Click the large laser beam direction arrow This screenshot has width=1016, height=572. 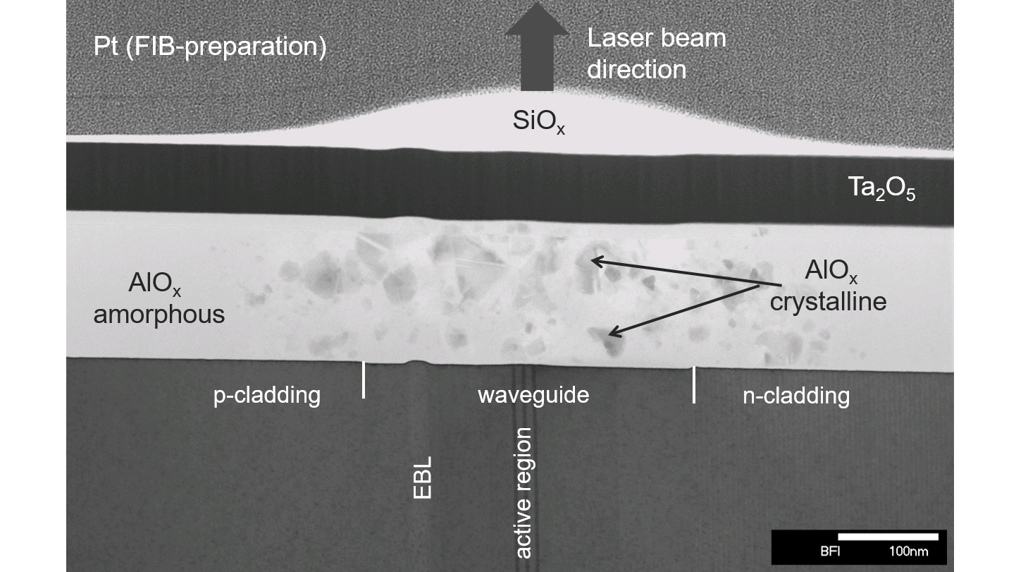click(537, 47)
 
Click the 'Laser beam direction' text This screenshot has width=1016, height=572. click(657, 54)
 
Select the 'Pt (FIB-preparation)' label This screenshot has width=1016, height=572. click(210, 47)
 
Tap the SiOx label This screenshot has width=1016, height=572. click(539, 121)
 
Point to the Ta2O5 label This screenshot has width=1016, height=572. click(881, 188)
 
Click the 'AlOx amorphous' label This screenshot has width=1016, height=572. click(159, 298)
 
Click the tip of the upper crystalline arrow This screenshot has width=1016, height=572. click(591, 260)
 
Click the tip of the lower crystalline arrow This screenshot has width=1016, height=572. click(609, 335)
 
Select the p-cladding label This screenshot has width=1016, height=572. click(267, 396)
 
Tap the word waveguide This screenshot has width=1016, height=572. click(533, 395)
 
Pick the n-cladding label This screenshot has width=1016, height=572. click(796, 396)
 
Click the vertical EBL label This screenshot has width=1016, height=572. click(422, 477)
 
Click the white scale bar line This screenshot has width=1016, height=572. click(888, 537)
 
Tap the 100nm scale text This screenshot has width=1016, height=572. click(908, 552)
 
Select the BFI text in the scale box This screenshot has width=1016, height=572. click(829, 552)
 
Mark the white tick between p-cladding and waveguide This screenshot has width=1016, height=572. click(364, 380)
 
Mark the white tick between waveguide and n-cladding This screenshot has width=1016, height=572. click(693, 384)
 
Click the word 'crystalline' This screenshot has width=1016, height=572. click(828, 302)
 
